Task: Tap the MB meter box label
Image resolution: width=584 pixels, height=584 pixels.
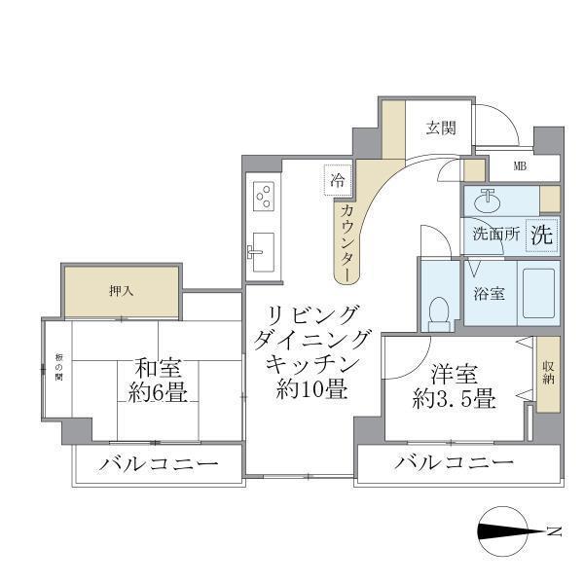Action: pyautogui.click(x=521, y=165)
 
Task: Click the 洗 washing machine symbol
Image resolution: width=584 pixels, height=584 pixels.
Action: pyautogui.click(x=542, y=234)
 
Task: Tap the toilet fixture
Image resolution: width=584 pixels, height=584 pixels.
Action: pyautogui.click(x=439, y=310)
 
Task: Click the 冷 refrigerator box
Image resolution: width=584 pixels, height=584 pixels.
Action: pyautogui.click(x=338, y=180)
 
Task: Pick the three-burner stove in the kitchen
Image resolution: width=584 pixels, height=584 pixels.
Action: pyautogui.click(x=263, y=197)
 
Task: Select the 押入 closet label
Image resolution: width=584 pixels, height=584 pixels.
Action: pyautogui.click(x=121, y=290)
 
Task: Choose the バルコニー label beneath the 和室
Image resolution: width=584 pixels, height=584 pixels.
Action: pyautogui.click(x=157, y=463)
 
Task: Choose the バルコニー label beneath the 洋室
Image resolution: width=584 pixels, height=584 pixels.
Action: pyautogui.click(x=454, y=463)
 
